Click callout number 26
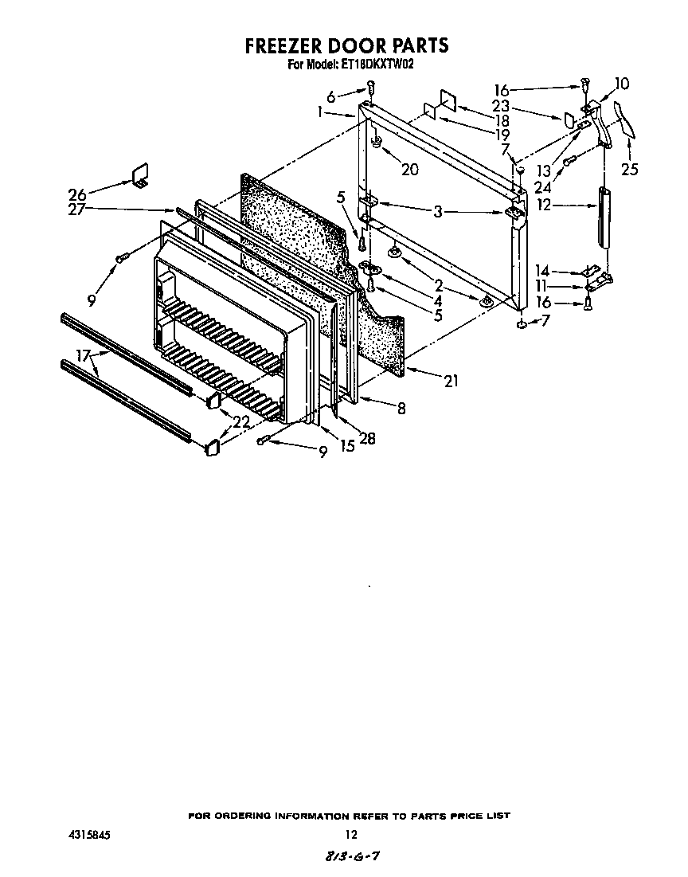[77, 194]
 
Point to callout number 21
[451, 382]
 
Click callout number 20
[410, 169]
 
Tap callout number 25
[629, 168]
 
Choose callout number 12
[543, 206]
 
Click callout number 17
[84, 355]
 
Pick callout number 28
[367, 438]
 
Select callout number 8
[401, 409]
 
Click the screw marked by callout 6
[371, 87]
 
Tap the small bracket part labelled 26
[140, 175]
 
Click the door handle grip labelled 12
[604, 217]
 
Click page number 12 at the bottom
[350, 835]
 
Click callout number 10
[621, 84]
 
